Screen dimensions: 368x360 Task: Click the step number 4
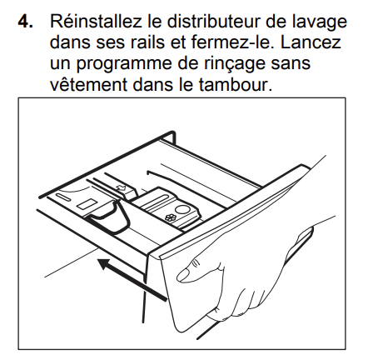tap(25, 21)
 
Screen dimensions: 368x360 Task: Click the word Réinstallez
tap(96, 21)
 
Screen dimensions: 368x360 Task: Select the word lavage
tap(319, 23)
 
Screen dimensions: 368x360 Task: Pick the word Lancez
tap(311, 42)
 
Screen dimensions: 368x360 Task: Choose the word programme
tap(124, 65)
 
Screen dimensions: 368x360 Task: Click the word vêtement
tap(88, 84)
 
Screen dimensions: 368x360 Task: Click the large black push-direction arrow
tap(132, 279)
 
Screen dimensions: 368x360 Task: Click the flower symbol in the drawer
tap(169, 217)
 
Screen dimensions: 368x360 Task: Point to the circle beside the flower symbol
tap(182, 210)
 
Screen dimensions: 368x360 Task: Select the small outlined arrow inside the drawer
tap(121, 188)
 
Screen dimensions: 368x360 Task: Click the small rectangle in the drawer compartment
tap(87, 204)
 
